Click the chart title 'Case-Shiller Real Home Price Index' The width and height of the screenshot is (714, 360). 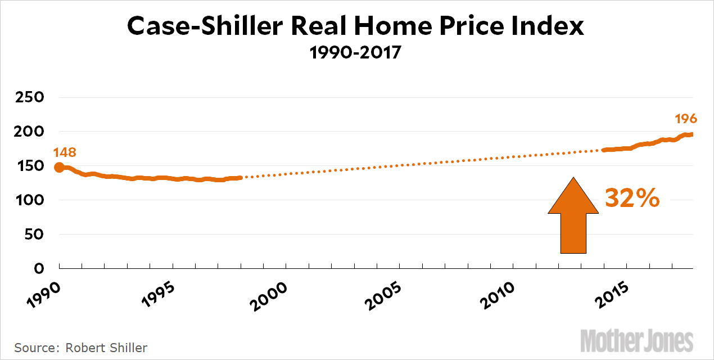coord(355,27)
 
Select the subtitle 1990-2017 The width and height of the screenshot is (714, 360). coord(355,55)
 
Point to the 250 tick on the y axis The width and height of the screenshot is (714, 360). coord(28,97)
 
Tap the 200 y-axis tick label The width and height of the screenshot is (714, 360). coord(28,132)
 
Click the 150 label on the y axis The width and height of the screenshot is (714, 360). coord(28,166)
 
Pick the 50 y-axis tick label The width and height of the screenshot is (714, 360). coord(33,235)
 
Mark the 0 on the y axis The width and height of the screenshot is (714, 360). coord(38,268)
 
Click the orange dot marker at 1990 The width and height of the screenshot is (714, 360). coord(59,167)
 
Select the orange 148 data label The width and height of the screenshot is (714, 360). coord(65,152)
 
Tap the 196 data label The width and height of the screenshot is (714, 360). coord(686,119)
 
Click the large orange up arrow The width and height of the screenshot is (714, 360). coord(573,217)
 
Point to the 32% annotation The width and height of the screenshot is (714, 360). coord(632,198)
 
